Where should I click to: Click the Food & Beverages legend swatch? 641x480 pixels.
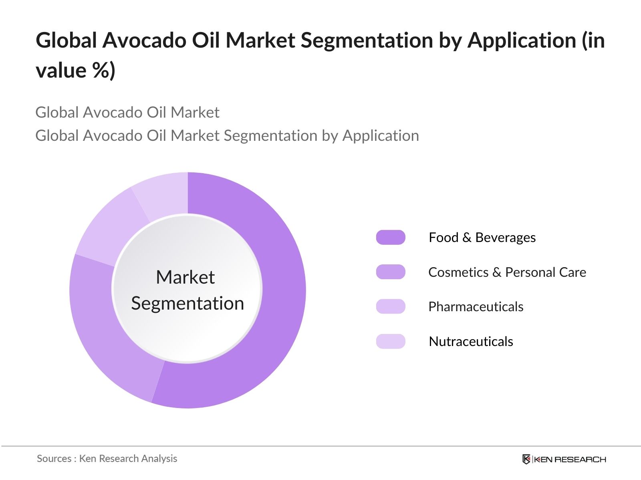click(x=391, y=237)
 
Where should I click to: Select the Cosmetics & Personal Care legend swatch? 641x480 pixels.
click(x=391, y=272)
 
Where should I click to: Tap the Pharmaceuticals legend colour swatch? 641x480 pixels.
click(x=391, y=306)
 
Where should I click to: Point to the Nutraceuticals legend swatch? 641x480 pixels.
click(x=391, y=341)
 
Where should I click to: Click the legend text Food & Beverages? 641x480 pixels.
click(x=482, y=237)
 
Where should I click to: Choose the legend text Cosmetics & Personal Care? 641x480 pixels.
click(x=507, y=272)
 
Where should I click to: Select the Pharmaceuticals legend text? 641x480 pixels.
click(x=476, y=306)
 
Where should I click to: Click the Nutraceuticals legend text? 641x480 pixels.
click(x=471, y=341)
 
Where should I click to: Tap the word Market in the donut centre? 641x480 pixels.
click(x=185, y=277)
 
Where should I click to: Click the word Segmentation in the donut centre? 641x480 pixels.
click(x=187, y=303)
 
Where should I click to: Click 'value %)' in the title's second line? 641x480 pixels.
click(x=75, y=70)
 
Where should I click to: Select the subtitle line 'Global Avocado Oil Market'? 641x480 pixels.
click(x=127, y=112)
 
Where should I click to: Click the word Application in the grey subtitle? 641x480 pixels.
click(x=380, y=136)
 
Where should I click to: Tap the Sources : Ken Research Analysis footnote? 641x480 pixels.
click(x=107, y=458)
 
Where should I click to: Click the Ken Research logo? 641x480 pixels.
click(x=564, y=459)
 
